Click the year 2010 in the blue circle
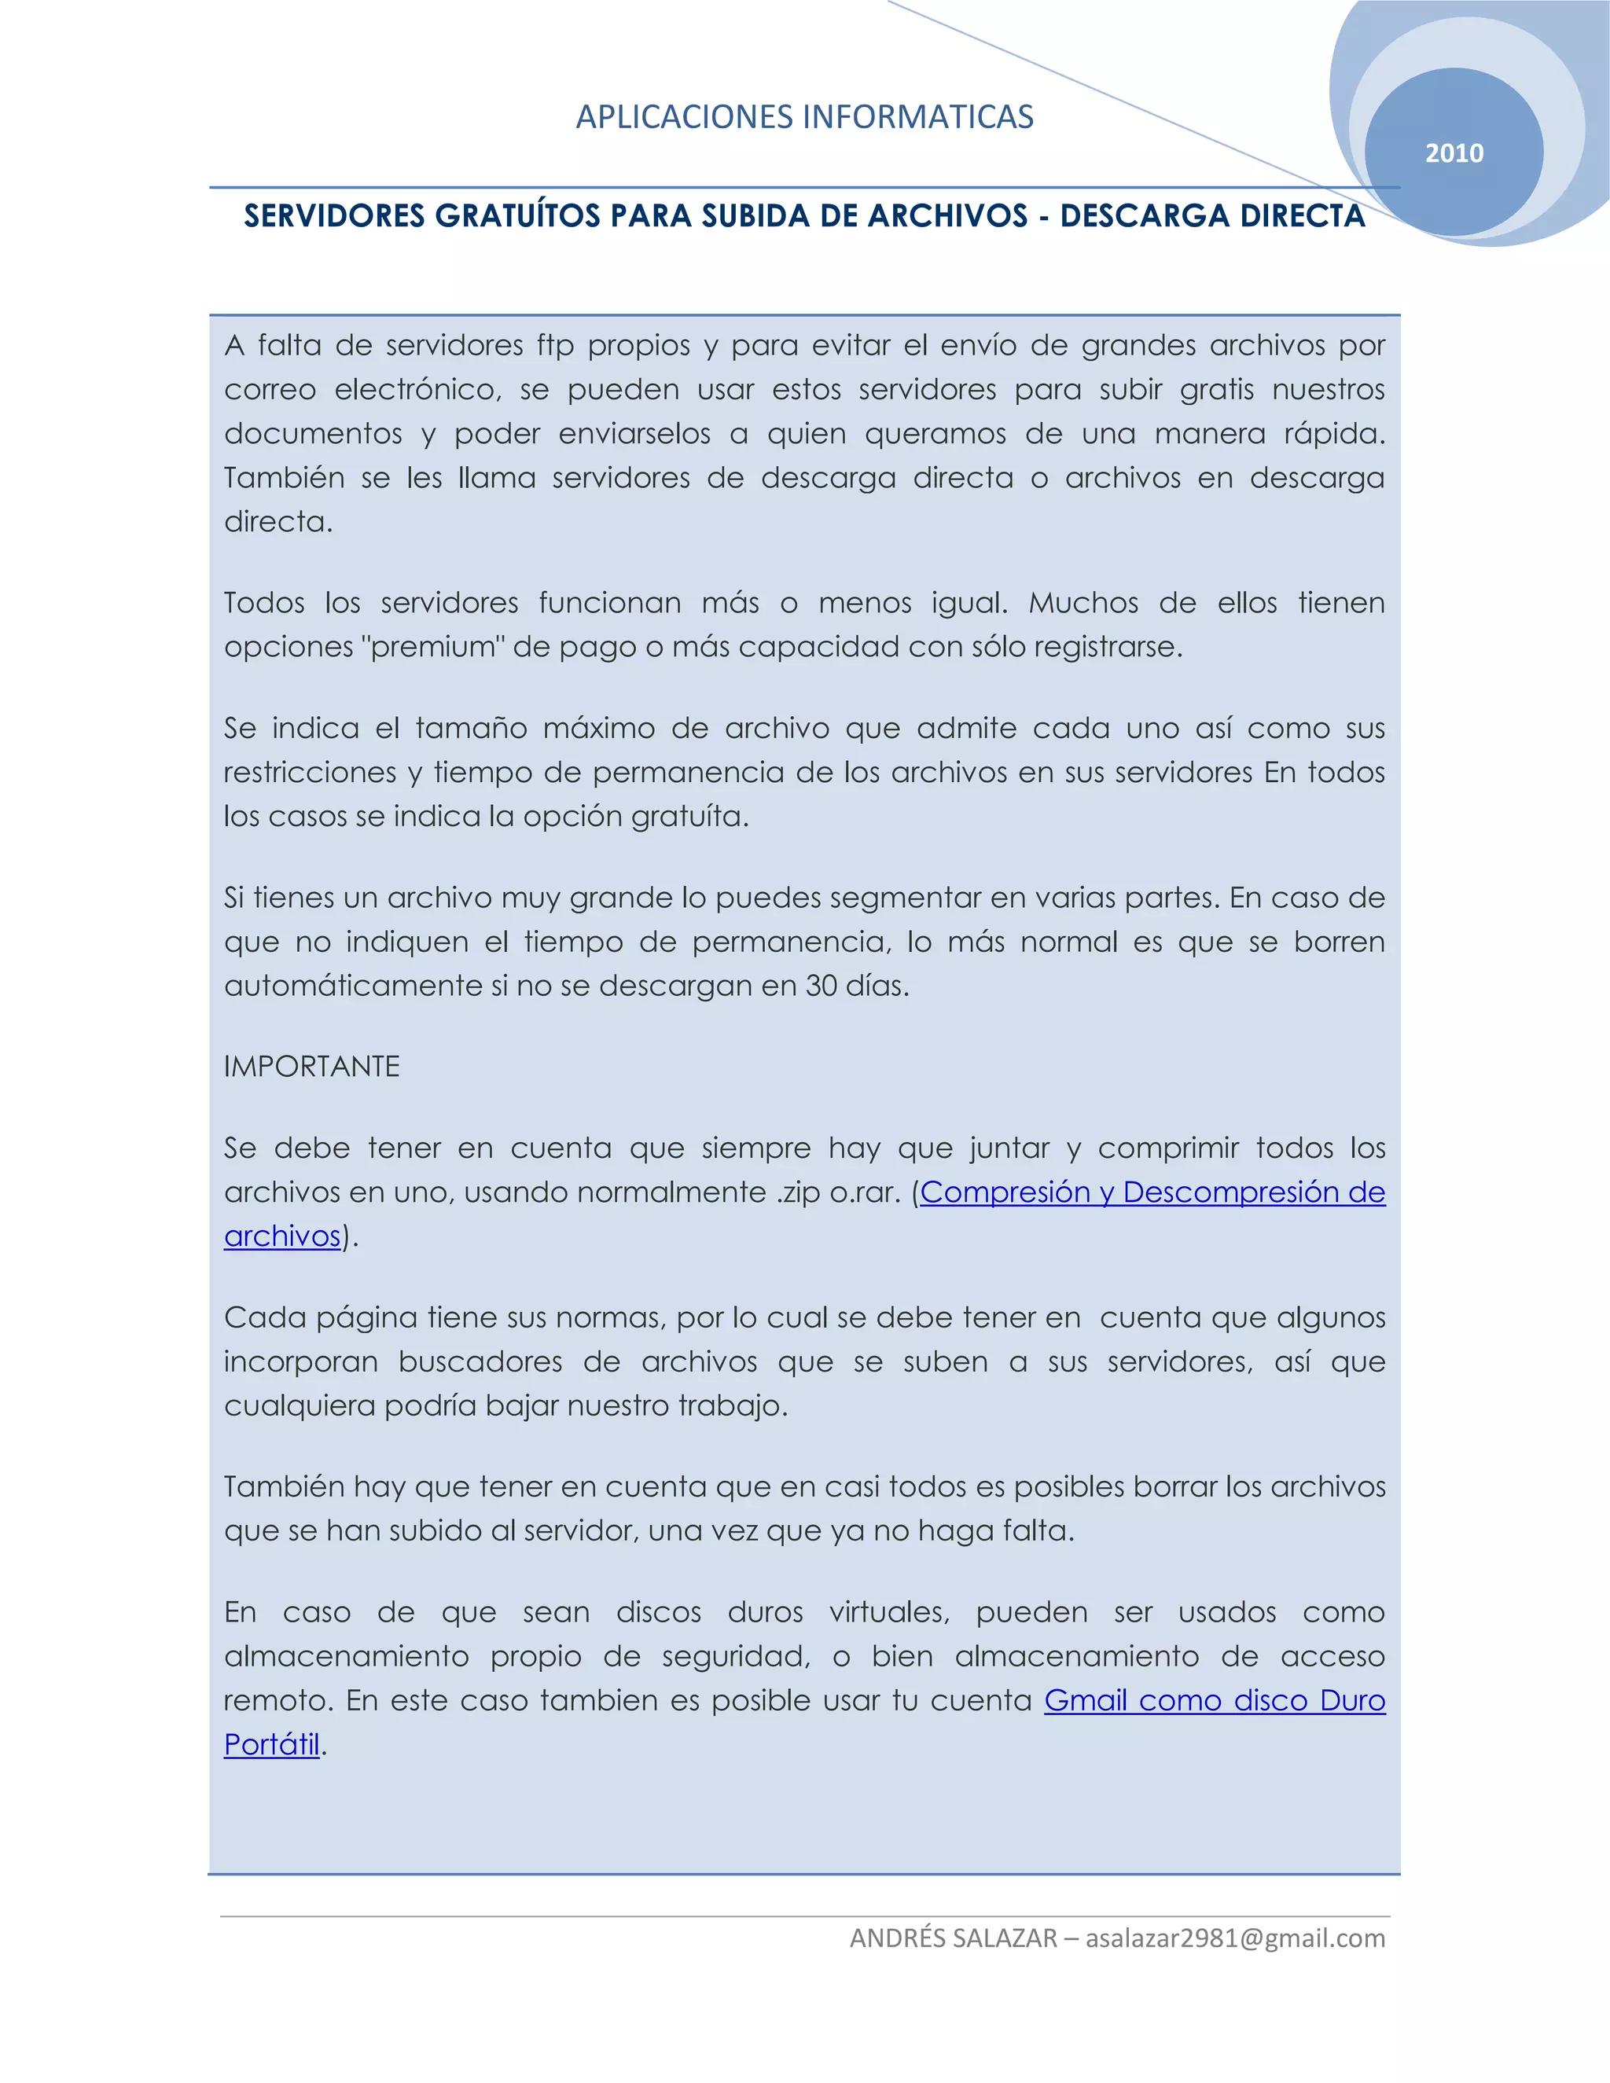coord(1454,153)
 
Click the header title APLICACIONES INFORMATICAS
coord(804,117)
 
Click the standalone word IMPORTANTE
coord(312,1067)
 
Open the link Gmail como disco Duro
coord(1214,1699)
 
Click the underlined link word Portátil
coord(272,1743)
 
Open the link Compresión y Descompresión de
coord(1152,1192)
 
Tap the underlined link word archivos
coord(282,1236)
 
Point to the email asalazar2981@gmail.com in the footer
coord(1235,1938)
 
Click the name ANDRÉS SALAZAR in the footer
coord(954,1938)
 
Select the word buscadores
coord(480,1362)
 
